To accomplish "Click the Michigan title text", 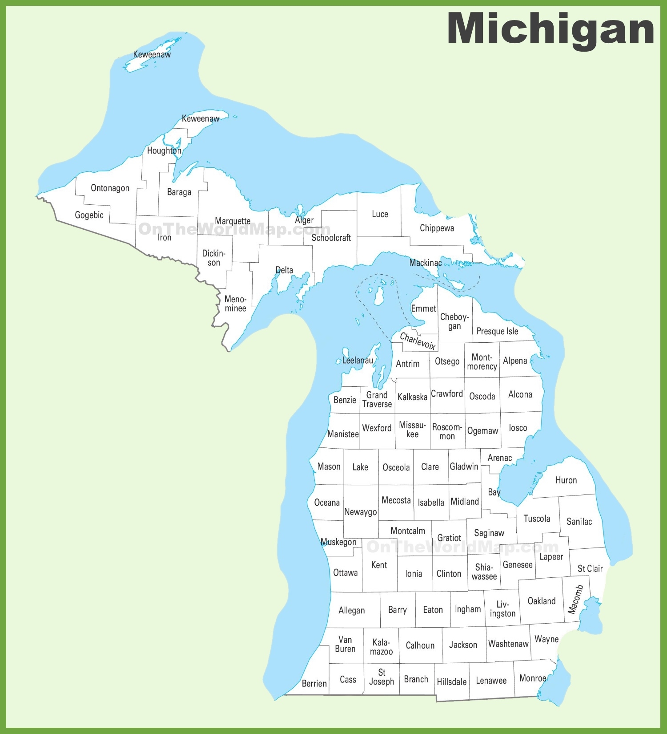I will (550, 28).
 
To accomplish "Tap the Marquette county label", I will (233, 221).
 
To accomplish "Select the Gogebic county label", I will (89, 215).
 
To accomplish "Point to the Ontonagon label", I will (110, 188).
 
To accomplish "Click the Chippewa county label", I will (437, 228).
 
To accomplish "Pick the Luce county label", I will (380, 214).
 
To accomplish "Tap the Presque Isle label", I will (497, 331).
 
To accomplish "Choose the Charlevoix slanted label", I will (418, 341).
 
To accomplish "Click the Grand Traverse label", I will (377, 400).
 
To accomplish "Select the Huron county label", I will (566, 480).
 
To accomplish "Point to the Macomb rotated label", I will (575, 600).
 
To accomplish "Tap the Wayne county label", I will (546, 639).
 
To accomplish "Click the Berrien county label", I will (314, 683).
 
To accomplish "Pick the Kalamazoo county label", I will (381, 647).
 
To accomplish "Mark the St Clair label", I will (590, 568).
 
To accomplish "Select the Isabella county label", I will (431, 503).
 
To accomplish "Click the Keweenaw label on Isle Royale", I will (152, 55).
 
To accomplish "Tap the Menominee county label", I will (235, 304).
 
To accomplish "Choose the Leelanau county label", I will (358, 361).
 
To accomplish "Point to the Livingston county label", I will (502, 609).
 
